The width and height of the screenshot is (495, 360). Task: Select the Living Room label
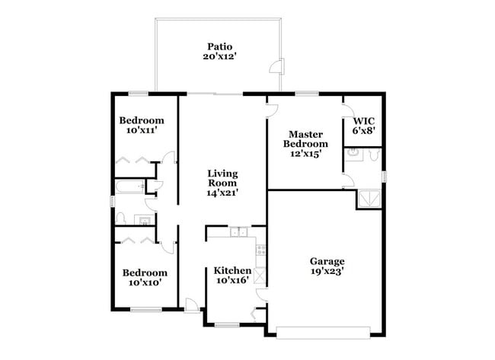(x=222, y=178)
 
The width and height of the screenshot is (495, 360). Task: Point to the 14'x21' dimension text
(x=222, y=193)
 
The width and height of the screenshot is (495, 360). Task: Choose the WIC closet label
(x=363, y=121)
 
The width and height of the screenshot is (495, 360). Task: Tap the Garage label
(x=327, y=260)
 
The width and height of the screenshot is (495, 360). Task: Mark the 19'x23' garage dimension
(x=327, y=270)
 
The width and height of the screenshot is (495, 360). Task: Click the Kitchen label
(x=232, y=270)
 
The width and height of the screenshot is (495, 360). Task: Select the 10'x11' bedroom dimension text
(x=142, y=131)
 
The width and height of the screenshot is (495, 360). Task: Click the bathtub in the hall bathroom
(x=129, y=186)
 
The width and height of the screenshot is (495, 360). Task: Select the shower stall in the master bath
(x=369, y=199)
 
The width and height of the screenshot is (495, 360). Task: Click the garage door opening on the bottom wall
(x=323, y=331)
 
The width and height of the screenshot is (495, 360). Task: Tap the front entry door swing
(x=192, y=304)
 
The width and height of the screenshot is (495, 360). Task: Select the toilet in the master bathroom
(x=372, y=155)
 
